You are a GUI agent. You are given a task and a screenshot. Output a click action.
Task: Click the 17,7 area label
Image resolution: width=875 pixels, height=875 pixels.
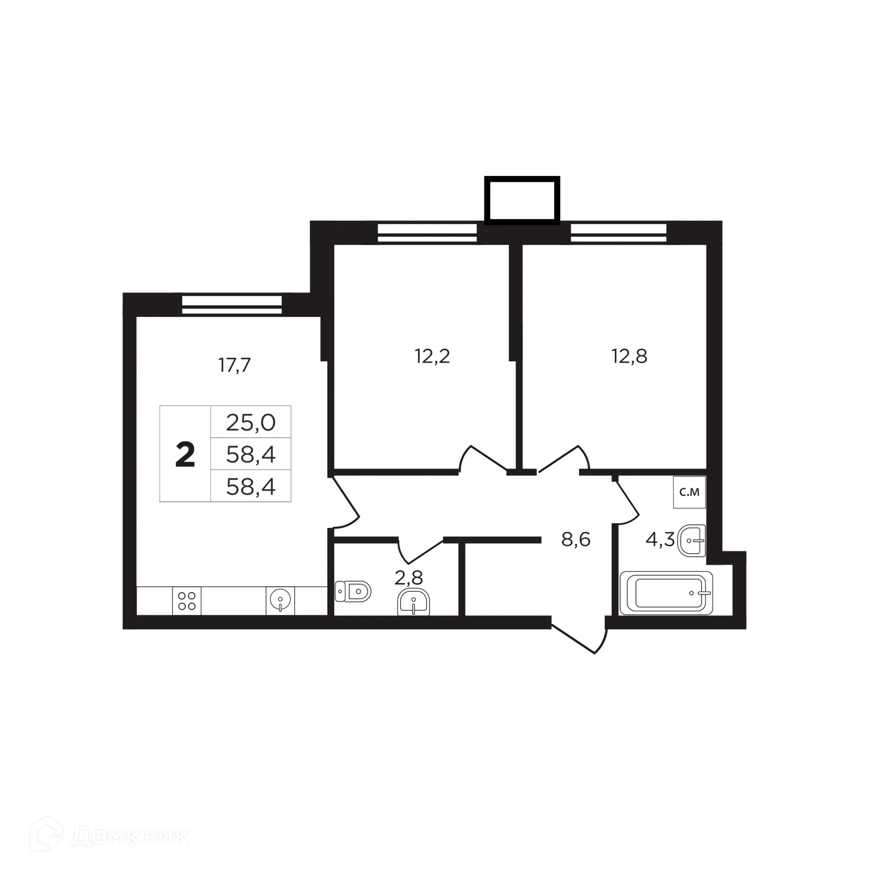(235, 365)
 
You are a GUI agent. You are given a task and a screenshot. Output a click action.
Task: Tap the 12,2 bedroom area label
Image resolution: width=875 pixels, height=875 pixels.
(432, 356)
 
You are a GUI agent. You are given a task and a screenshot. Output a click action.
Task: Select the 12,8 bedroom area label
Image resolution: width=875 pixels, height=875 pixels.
(629, 356)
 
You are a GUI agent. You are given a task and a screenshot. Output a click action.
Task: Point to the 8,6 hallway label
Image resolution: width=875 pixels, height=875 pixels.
(576, 540)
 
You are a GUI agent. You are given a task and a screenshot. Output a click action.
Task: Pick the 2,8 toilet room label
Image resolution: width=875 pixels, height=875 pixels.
(408, 578)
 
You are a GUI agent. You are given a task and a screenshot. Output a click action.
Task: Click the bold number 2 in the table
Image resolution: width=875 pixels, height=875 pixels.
(185, 455)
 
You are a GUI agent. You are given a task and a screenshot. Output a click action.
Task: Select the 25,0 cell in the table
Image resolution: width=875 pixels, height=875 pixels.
(251, 422)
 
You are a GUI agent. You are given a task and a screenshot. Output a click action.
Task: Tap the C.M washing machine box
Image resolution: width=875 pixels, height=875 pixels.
(689, 492)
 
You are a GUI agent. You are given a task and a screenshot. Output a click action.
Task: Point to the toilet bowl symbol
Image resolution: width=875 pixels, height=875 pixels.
(353, 592)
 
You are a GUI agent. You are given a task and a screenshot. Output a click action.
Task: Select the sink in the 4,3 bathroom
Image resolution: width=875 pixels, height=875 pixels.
(692, 540)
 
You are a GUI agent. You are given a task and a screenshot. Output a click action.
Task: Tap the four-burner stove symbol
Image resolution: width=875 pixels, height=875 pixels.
(187, 601)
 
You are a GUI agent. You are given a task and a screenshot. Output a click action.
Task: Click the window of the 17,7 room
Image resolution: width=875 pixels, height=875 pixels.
(232, 304)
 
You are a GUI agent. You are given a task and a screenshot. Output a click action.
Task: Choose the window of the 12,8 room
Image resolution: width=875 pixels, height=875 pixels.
(618, 232)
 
